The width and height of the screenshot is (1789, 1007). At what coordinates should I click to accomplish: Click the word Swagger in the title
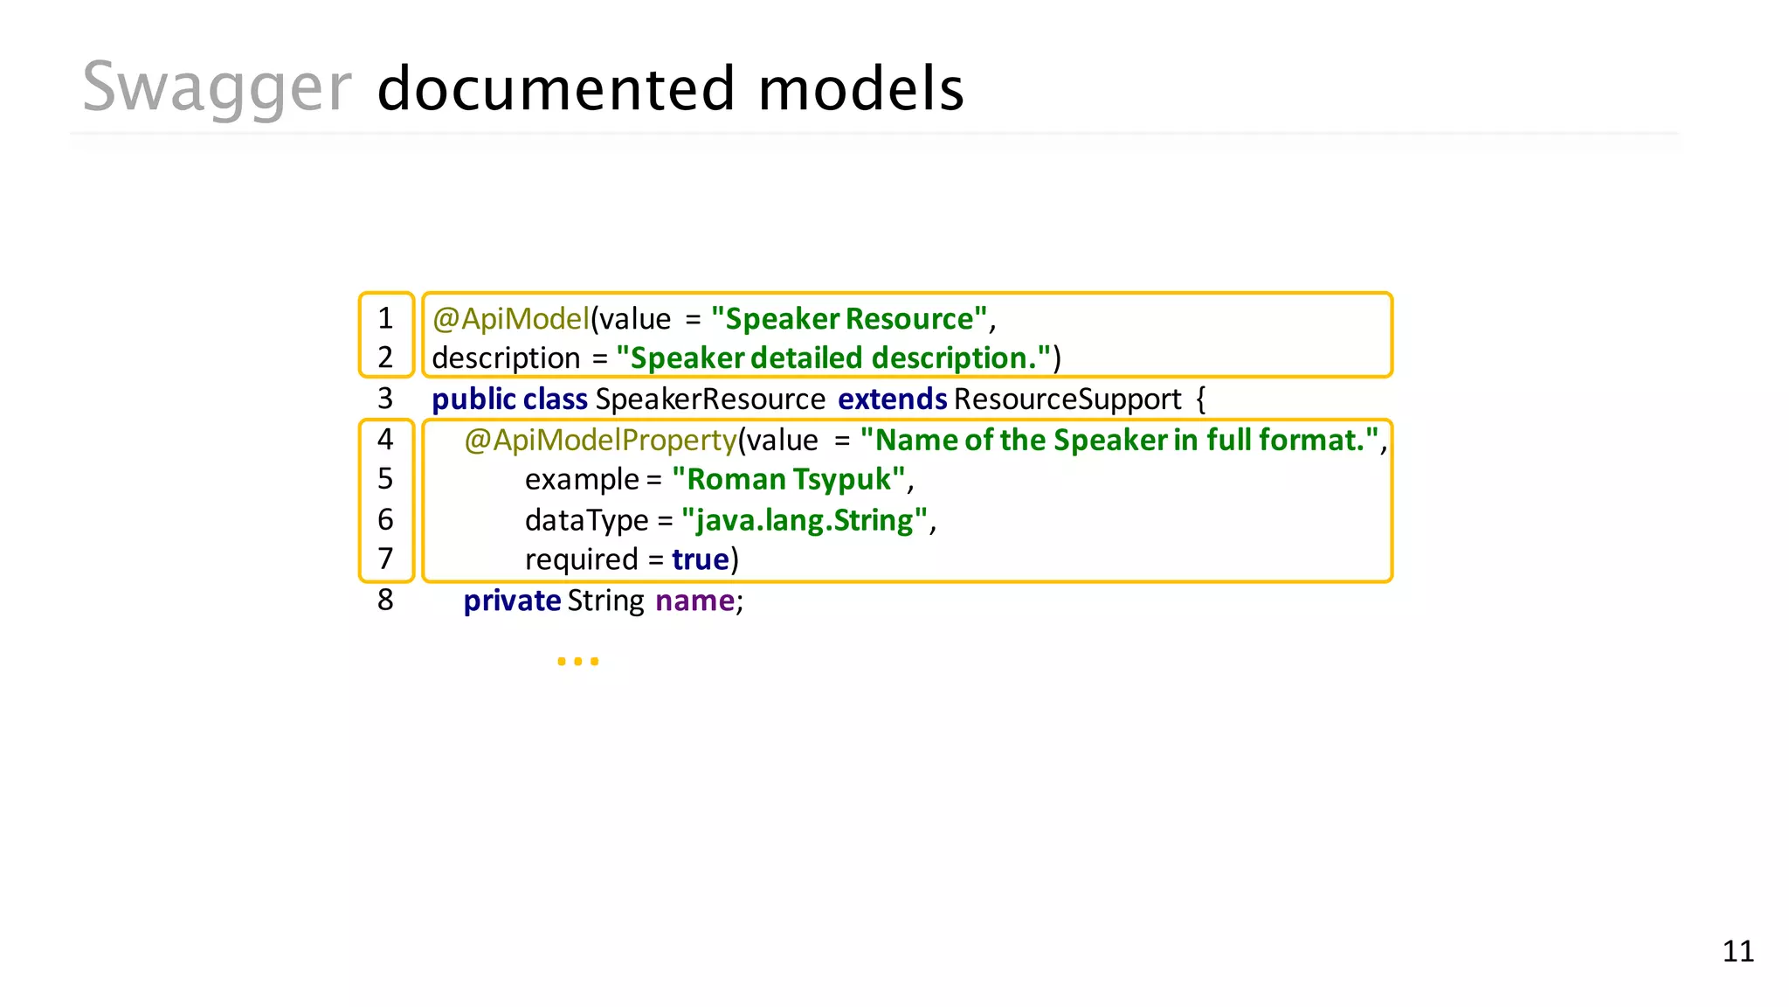pos(217,88)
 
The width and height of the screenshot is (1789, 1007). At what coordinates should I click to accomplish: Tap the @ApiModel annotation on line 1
pos(511,319)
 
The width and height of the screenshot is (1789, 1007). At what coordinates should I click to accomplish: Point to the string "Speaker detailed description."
pos(833,358)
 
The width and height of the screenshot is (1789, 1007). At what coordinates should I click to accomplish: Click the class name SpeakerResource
pos(710,399)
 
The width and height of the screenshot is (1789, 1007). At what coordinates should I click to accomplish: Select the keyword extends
pos(892,399)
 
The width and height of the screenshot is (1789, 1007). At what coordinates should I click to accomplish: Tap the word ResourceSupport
pos(1067,399)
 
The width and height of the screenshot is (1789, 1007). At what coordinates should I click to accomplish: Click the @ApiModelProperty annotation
pos(601,440)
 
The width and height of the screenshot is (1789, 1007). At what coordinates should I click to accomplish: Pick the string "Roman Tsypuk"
pos(789,479)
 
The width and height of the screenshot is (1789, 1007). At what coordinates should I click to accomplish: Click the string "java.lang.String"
pos(804,520)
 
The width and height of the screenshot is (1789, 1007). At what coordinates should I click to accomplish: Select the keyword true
pos(701,559)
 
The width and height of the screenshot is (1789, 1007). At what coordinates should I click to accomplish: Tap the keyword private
pos(512,601)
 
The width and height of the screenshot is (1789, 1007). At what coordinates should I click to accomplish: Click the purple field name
pos(695,601)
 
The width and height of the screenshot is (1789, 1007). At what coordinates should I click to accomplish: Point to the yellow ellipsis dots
pos(577,662)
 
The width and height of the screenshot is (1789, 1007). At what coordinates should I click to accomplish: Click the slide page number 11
pos(1737,951)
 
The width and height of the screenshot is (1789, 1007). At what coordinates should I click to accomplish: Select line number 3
pos(385,399)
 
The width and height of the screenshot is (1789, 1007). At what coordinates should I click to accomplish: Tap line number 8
pos(385,601)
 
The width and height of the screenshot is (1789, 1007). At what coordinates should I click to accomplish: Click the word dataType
pos(586,520)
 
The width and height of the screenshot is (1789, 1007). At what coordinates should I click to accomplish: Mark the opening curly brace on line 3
pos(1201,399)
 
